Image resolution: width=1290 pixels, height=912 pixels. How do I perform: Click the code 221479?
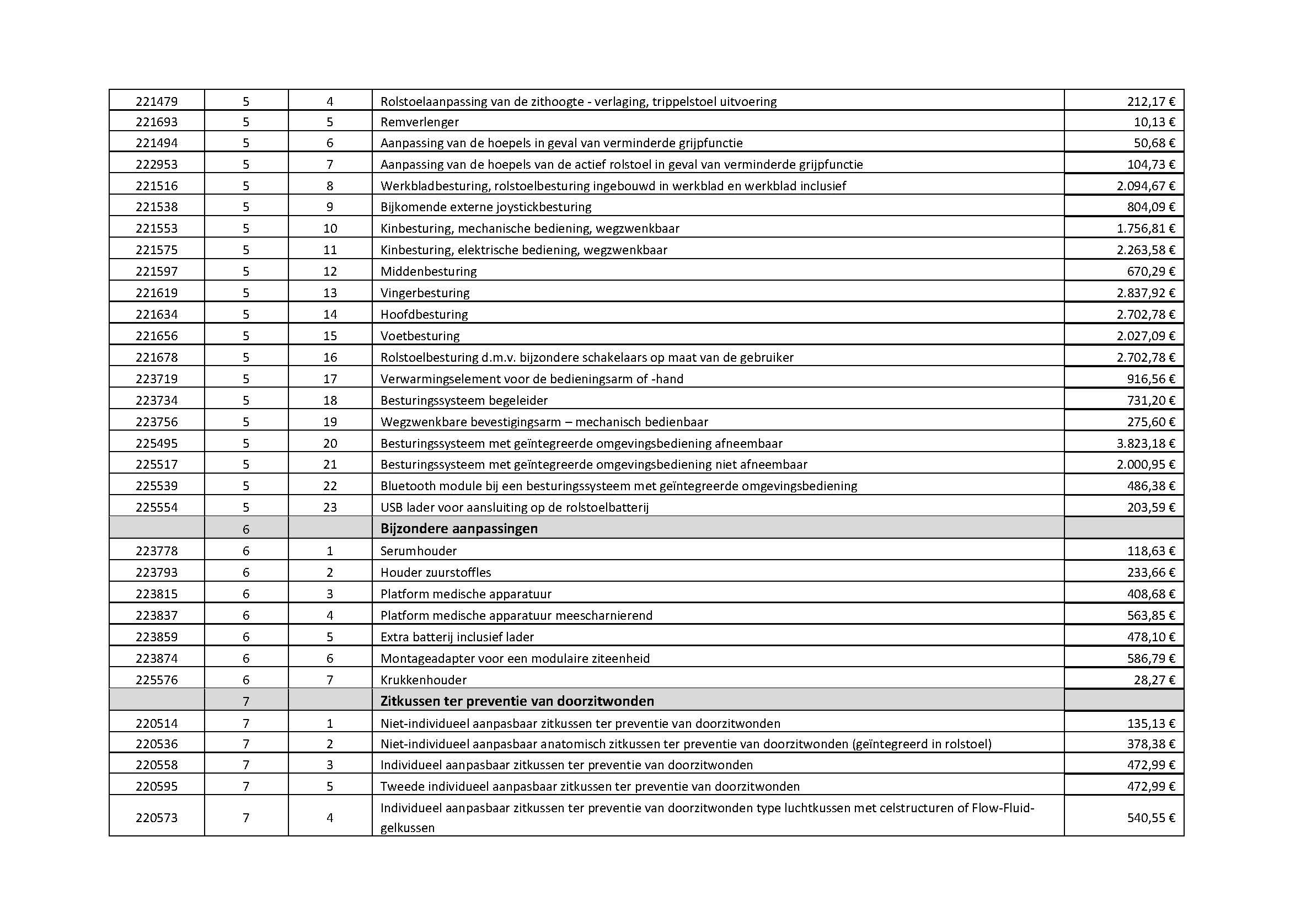click(156, 101)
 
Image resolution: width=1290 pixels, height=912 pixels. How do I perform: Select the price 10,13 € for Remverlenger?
click(1154, 122)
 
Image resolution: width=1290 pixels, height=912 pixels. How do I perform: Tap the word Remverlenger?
click(419, 122)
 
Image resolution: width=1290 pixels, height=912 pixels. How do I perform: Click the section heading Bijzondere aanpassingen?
click(458, 528)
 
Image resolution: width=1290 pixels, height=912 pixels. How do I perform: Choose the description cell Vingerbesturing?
click(425, 293)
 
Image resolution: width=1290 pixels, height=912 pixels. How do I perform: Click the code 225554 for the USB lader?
click(156, 507)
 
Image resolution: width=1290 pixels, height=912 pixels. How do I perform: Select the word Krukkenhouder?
click(423, 679)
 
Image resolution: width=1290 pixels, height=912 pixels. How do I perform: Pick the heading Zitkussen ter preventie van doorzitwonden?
click(517, 701)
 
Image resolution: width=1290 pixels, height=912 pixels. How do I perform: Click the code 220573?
click(156, 818)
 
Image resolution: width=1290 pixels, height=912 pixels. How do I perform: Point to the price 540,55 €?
click(1150, 818)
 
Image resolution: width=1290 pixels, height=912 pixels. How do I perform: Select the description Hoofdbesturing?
click(424, 314)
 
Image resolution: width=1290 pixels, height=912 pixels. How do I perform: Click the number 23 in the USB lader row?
click(330, 507)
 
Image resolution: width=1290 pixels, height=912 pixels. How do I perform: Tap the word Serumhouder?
click(418, 550)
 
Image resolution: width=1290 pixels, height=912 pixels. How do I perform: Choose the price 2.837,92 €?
click(1146, 293)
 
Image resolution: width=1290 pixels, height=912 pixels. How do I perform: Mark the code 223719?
click(156, 378)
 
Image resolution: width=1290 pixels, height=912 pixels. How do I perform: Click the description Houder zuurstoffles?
click(436, 572)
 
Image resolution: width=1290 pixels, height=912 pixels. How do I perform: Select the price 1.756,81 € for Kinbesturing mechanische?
click(1146, 229)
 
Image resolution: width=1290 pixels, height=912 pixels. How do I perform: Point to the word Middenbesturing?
click(428, 271)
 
